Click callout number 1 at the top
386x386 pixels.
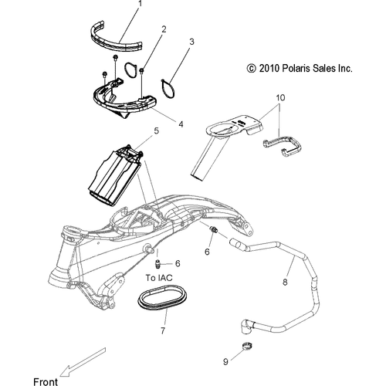(x=140, y=4)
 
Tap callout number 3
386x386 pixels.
(x=192, y=41)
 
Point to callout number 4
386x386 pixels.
(x=181, y=122)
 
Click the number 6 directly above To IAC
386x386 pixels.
(x=178, y=264)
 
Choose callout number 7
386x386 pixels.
(x=162, y=330)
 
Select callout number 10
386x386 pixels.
(x=280, y=99)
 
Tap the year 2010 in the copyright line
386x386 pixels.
(x=269, y=69)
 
